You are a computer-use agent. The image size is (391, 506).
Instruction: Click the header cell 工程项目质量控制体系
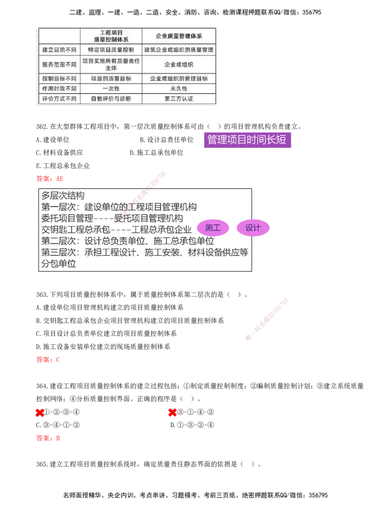(111, 36)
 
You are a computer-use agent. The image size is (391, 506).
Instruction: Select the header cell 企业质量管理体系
(178, 36)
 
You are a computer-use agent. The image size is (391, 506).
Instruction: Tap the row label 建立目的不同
(59, 50)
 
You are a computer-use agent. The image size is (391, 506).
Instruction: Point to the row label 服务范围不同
(59, 65)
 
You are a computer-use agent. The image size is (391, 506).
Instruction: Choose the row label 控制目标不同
(59, 79)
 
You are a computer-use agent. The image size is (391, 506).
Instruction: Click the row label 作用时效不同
(59, 89)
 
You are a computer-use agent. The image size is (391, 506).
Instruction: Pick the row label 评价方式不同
(59, 99)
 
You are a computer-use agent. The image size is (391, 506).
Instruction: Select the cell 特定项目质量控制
(111, 50)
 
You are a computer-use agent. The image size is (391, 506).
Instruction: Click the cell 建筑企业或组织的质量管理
(178, 50)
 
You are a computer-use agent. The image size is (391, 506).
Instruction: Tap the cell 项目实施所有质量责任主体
(111, 65)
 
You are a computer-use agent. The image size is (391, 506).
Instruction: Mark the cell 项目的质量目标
(111, 79)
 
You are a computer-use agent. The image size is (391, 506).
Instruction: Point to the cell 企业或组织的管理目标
(178, 79)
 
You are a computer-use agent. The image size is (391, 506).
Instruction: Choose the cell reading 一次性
(111, 89)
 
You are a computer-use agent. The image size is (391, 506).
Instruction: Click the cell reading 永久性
(178, 89)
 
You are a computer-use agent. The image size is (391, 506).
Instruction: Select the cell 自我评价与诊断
(111, 99)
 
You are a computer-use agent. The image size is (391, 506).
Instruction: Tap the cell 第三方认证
(178, 99)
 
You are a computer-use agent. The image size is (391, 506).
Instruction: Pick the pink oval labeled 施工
(213, 228)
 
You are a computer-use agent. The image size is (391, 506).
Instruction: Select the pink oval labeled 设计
(253, 228)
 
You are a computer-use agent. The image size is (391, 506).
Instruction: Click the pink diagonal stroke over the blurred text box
(141, 197)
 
